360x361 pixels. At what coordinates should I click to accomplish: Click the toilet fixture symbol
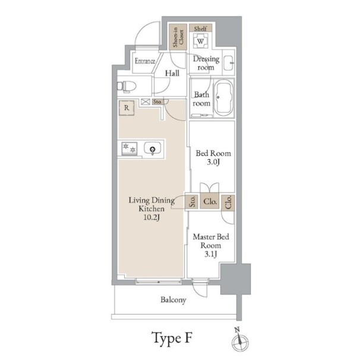coord(127,87)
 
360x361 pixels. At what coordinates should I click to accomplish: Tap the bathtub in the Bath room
coord(223,98)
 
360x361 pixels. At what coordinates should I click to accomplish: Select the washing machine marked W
coord(200,41)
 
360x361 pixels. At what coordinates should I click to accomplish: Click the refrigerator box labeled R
coord(127,107)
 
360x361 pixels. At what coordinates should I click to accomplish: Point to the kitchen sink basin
coord(153,148)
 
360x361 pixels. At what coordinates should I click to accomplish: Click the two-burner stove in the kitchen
coord(130,148)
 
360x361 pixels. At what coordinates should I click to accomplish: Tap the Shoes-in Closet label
coord(178,37)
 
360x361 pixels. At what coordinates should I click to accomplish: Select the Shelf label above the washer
coord(200,28)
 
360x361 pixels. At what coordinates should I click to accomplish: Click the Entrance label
coord(145,61)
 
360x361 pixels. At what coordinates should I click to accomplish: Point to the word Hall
coord(172,73)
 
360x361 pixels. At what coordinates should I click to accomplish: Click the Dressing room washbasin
coord(229,62)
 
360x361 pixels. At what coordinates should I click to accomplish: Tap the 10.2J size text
coord(151,217)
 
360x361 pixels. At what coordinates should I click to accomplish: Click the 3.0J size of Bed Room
coord(213,162)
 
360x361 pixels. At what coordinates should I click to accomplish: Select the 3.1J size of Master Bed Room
coord(211,254)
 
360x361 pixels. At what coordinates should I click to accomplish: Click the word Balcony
coord(173,300)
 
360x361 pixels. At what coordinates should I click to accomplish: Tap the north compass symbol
coord(240,341)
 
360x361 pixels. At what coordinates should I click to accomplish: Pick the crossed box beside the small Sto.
coord(146,102)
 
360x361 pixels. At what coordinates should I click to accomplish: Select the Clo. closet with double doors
coord(210,201)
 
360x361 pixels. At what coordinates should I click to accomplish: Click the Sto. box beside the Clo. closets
coord(192,201)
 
